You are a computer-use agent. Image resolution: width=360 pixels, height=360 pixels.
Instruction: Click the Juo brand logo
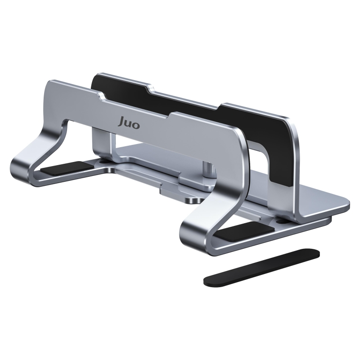click(130, 123)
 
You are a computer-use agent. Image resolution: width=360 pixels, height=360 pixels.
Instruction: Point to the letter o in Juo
click(136, 125)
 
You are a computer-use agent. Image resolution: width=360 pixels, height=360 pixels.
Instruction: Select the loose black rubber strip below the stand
click(261, 268)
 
